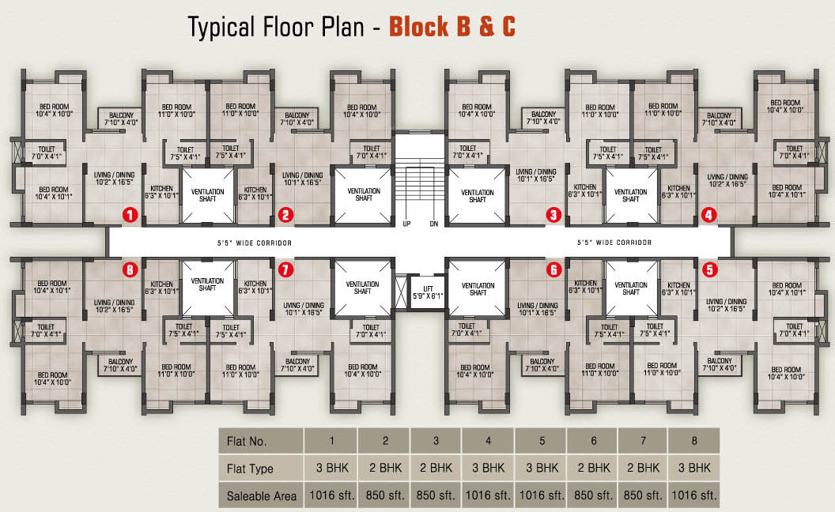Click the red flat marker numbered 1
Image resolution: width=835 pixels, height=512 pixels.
130,214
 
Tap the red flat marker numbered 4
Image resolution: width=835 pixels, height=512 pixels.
708,214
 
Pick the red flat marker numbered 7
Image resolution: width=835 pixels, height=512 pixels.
285,269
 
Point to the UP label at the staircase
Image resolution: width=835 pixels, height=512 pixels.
406,224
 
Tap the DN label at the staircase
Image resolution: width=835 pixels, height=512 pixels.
433,224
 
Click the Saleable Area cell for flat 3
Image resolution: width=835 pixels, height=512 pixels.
436,495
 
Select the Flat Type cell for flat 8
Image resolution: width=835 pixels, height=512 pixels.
693,468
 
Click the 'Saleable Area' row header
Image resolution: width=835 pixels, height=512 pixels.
261,495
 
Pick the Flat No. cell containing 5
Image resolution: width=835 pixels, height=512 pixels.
541,441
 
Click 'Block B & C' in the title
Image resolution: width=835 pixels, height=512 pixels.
454,26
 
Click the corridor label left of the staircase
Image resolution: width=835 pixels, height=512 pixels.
255,243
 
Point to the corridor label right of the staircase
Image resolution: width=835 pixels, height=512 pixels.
614,243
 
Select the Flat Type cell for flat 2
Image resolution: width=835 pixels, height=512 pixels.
384,468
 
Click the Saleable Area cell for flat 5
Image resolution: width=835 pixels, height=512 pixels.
541,495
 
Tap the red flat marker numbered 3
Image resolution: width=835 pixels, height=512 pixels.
554,214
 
